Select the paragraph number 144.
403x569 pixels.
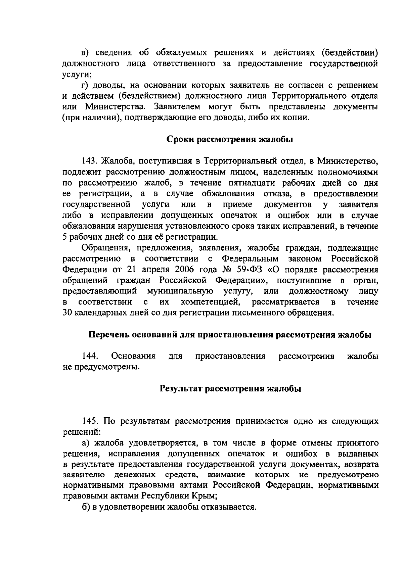tap(90, 356)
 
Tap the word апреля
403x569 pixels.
tap(155, 270)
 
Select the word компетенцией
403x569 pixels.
tap(210, 302)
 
